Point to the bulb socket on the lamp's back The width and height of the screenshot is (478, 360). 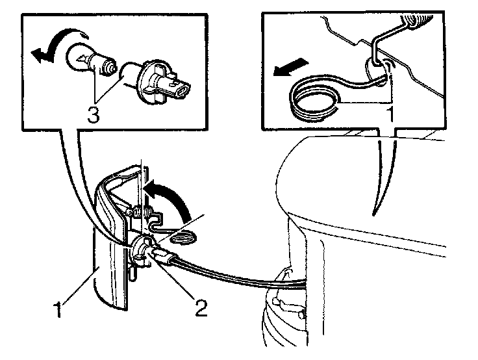click(x=142, y=250)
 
